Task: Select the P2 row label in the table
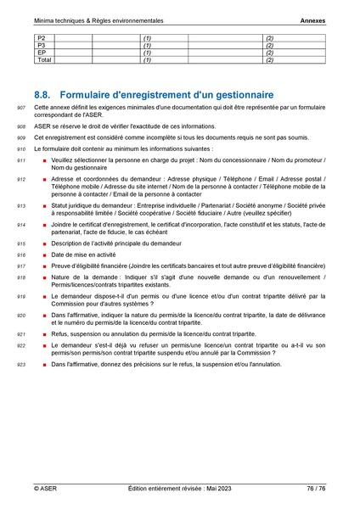[x=41, y=39]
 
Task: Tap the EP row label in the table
[x=41, y=53]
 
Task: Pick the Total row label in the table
[x=43, y=59]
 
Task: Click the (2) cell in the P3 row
[x=270, y=46]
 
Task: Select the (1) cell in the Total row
[x=147, y=59]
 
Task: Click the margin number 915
[x=21, y=243]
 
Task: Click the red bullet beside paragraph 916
[x=42, y=255]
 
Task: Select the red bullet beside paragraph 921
[x=42, y=335]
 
